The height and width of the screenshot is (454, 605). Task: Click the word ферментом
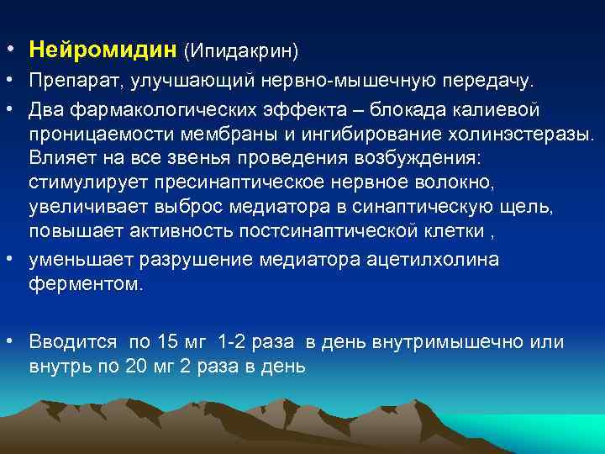74,283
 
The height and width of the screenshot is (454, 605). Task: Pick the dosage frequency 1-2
230,341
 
